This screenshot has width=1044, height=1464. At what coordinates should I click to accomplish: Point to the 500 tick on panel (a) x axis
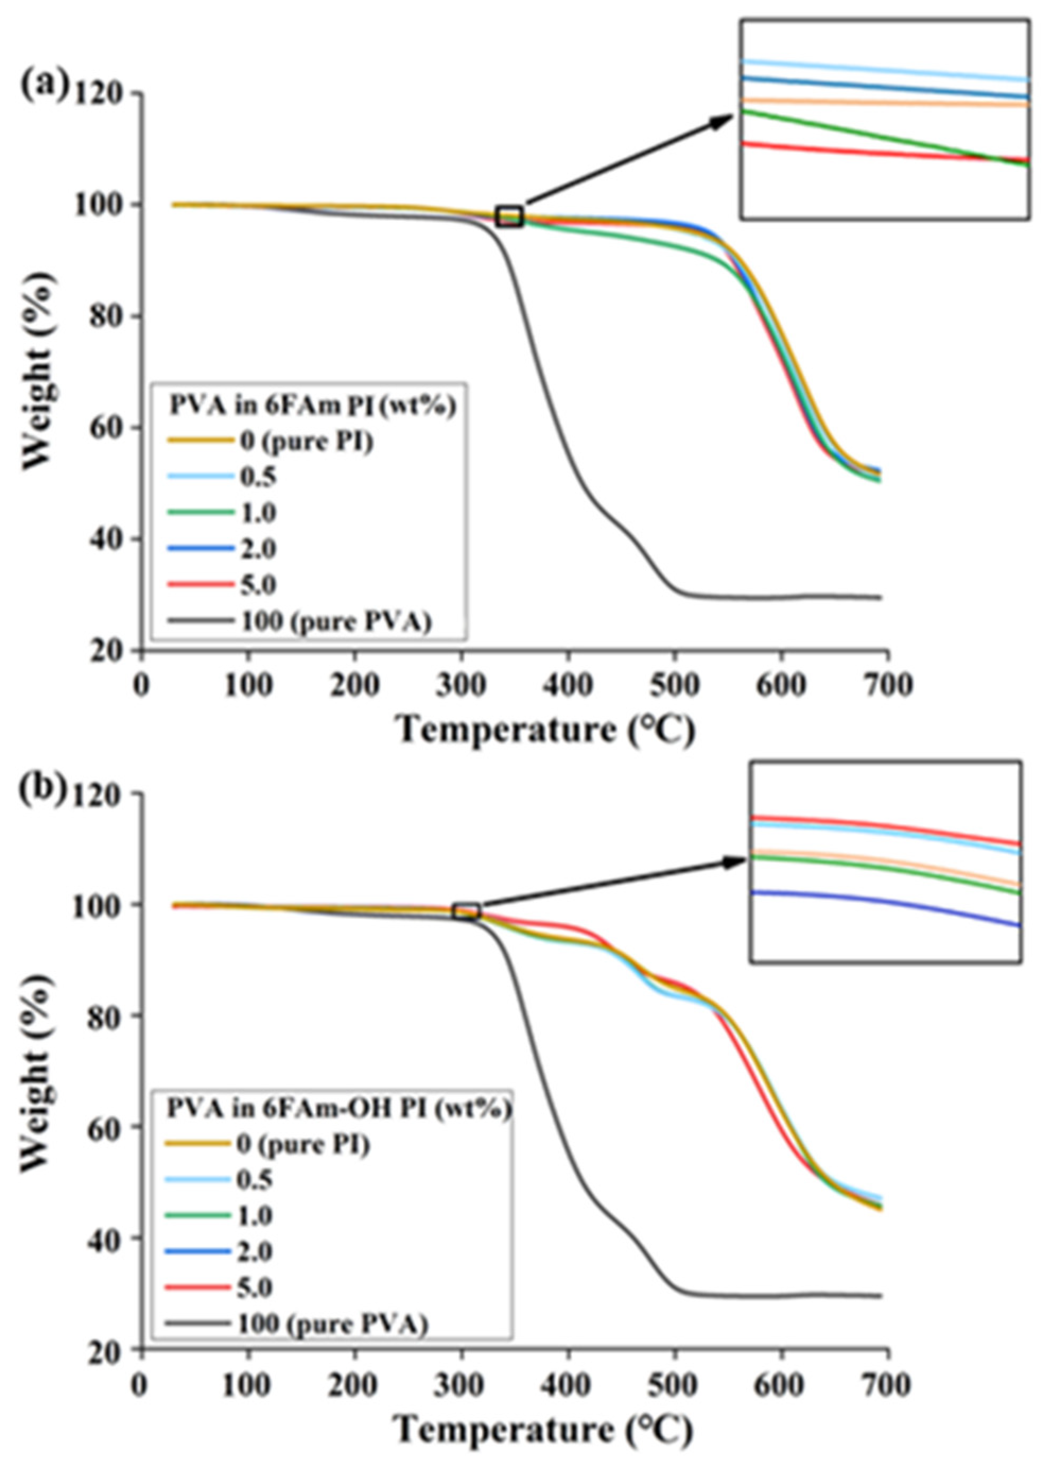point(674,684)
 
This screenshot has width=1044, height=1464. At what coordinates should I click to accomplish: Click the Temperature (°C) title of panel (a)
point(546,731)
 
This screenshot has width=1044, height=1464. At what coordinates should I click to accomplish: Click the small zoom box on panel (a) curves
point(510,218)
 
